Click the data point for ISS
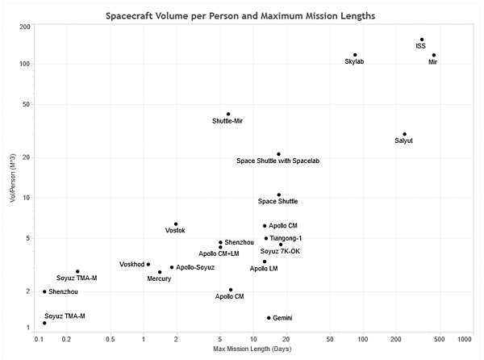[x=422, y=40]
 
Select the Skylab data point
[x=355, y=55]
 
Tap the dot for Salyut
[x=405, y=134]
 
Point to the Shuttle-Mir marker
[x=228, y=114]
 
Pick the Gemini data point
[x=269, y=318]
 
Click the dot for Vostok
[x=176, y=224]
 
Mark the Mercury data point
[x=160, y=272]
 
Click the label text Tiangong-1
[x=286, y=238]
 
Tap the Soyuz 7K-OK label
[x=280, y=251]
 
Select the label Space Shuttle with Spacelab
[x=277, y=161]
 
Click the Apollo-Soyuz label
[x=195, y=267]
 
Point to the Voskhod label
[x=131, y=264]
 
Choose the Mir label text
[x=432, y=62]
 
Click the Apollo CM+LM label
[x=219, y=253]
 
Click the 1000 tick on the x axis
[x=465, y=339]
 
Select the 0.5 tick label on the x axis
[x=111, y=339]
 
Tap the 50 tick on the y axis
[x=27, y=104]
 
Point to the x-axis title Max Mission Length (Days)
[x=252, y=349]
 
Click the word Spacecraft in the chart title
[x=129, y=16]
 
